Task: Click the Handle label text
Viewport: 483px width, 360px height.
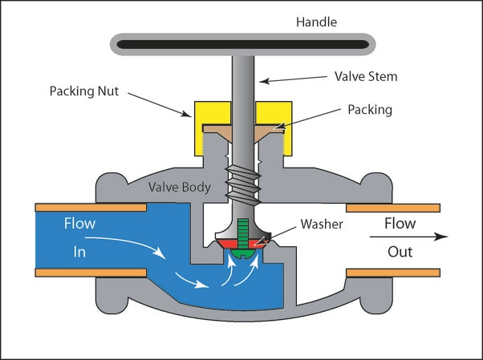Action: coord(316,22)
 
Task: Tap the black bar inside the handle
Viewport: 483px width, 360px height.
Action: coord(243,44)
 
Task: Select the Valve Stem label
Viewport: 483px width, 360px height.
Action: coord(366,76)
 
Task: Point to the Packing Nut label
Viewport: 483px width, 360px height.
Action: coord(84,91)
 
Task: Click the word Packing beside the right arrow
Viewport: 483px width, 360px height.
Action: coord(370,110)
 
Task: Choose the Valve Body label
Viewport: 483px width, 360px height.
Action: coord(180,187)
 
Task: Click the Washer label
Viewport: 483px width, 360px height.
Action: coord(322,224)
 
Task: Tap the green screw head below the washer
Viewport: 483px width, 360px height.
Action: coord(243,253)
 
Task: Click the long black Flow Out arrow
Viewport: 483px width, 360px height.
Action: coord(408,237)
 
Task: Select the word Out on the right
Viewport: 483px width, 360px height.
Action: coord(400,252)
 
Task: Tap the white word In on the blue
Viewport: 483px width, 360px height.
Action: coord(79,253)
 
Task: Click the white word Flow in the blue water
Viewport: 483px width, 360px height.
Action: coord(79,223)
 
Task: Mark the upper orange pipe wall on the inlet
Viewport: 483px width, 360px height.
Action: coord(91,207)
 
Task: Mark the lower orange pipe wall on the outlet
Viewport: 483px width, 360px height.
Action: coord(393,273)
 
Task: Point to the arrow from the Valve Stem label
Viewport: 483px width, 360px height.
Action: coord(293,79)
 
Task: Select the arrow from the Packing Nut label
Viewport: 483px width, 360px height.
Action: coord(160,105)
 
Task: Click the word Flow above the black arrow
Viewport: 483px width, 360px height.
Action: coord(400,223)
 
